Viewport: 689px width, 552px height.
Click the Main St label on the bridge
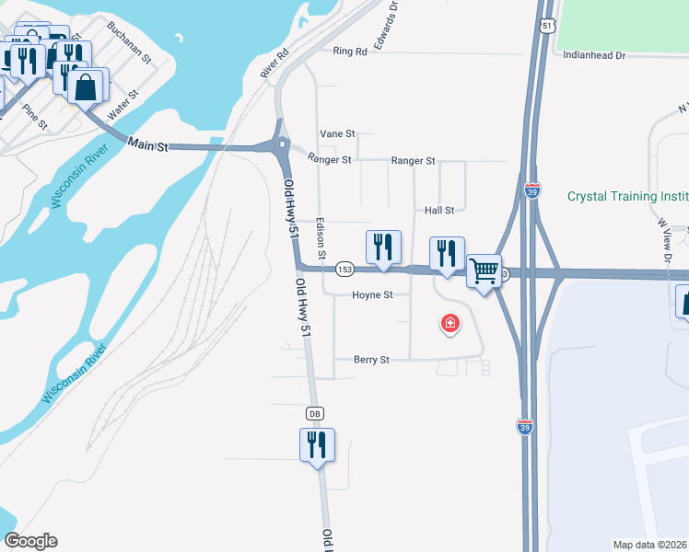point(149,144)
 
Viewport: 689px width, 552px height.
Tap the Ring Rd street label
point(350,52)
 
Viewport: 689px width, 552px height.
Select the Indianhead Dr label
point(594,55)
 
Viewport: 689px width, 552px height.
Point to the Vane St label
point(337,134)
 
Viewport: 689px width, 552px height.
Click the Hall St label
point(439,211)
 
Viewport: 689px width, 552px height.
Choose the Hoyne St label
point(373,295)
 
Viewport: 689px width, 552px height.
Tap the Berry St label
point(371,360)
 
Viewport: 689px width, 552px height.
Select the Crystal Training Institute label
point(627,196)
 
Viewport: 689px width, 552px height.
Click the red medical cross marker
point(450,324)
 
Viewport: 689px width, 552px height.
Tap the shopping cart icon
point(484,270)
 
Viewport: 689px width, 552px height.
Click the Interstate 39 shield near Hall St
point(532,190)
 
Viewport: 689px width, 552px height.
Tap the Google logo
point(30,541)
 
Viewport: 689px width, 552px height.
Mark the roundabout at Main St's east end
point(282,144)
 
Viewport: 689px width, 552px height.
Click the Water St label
point(123,103)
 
